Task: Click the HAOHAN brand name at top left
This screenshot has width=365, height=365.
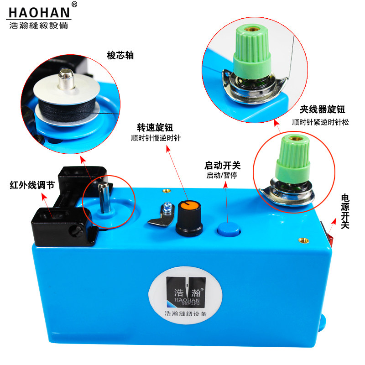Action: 39,13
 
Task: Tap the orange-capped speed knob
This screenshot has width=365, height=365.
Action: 189,219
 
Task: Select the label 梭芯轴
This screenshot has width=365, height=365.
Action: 120,55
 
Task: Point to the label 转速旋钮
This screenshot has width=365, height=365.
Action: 155,128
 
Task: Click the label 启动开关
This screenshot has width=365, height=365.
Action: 222,166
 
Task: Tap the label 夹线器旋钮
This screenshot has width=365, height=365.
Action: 323,109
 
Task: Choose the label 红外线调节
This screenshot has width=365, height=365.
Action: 32,185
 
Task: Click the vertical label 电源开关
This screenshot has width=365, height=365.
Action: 345,211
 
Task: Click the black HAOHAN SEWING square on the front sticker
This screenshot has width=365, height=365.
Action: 186,292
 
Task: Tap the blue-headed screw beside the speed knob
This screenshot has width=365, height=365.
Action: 167,207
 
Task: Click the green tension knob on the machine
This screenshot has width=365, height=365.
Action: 293,159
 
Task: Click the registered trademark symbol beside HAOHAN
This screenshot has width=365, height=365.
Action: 74,5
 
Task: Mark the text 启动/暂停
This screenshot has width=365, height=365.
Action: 222,175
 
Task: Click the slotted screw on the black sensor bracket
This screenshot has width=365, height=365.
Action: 76,230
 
